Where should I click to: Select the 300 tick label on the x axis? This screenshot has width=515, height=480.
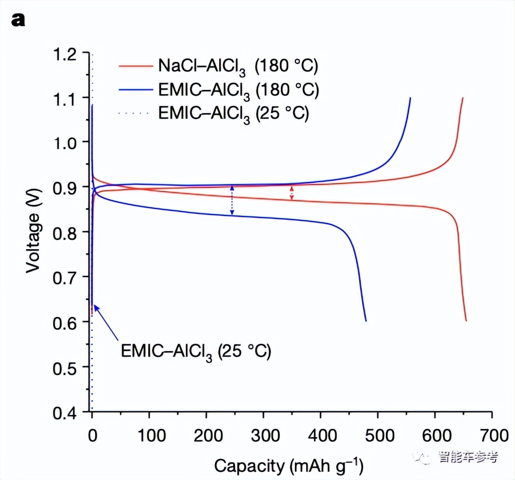263,435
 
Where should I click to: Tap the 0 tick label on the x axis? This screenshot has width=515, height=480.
92,435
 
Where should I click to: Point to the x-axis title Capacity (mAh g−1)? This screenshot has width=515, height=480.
288,465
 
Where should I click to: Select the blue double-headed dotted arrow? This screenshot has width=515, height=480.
232,200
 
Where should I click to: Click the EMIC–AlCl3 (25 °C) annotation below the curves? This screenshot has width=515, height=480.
196,350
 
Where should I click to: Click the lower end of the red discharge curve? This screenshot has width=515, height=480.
466,320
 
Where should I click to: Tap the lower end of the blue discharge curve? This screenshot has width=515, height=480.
366,320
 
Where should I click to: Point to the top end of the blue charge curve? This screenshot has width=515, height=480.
410,98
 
